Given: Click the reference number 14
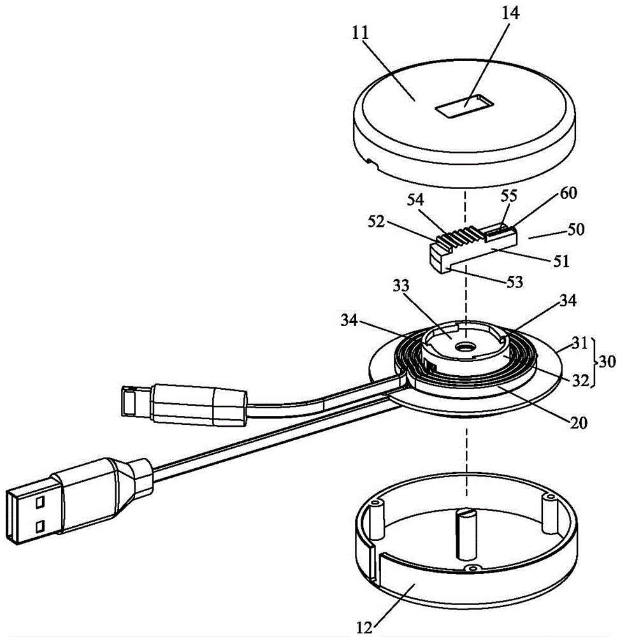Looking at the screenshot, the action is pos(510,13).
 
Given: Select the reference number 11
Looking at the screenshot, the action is pos(361,33).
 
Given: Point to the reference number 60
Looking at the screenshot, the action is pos(568,193).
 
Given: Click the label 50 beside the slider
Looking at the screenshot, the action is pos(575,229).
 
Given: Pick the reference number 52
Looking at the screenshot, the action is pos(376,222).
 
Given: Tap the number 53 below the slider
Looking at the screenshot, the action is pos(514,282).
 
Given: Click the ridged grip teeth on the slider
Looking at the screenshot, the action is pos(458,236).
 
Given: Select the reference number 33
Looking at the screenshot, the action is pos(401,286).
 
